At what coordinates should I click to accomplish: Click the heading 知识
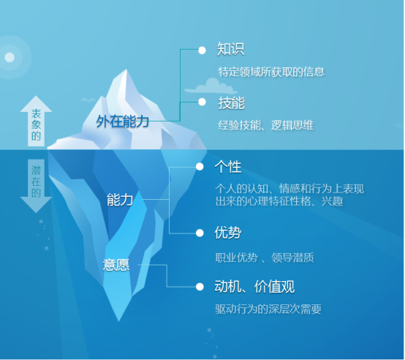(x=231, y=49)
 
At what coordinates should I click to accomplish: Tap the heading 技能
(x=232, y=103)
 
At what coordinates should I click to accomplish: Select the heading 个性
(x=228, y=167)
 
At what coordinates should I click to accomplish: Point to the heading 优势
(x=228, y=233)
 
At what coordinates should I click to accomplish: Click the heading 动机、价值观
(x=254, y=287)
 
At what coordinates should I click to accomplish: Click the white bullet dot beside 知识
(x=202, y=50)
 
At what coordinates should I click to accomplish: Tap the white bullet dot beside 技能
(x=202, y=102)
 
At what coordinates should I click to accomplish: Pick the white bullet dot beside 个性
(x=200, y=167)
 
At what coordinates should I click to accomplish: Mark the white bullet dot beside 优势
(x=200, y=233)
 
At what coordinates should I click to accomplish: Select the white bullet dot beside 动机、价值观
(x=200, y=287)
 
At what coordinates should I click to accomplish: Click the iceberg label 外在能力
(x=122, y=121)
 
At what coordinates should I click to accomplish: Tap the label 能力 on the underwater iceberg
(x=120, y=200)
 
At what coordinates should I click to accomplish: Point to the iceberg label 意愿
(x=116, y=265)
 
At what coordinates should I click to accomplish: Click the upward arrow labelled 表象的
(x=36, y=121)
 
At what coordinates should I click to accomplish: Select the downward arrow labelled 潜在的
(x=36, y=186)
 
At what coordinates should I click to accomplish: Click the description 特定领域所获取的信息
(x=271, y=72)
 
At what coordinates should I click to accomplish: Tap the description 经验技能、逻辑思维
(x=266, y=125)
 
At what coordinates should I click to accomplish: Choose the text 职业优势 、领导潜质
(x=265, y=258)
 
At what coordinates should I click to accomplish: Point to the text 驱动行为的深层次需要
(x=268, y=309)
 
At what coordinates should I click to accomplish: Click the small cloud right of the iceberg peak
(x=211, y=86)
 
